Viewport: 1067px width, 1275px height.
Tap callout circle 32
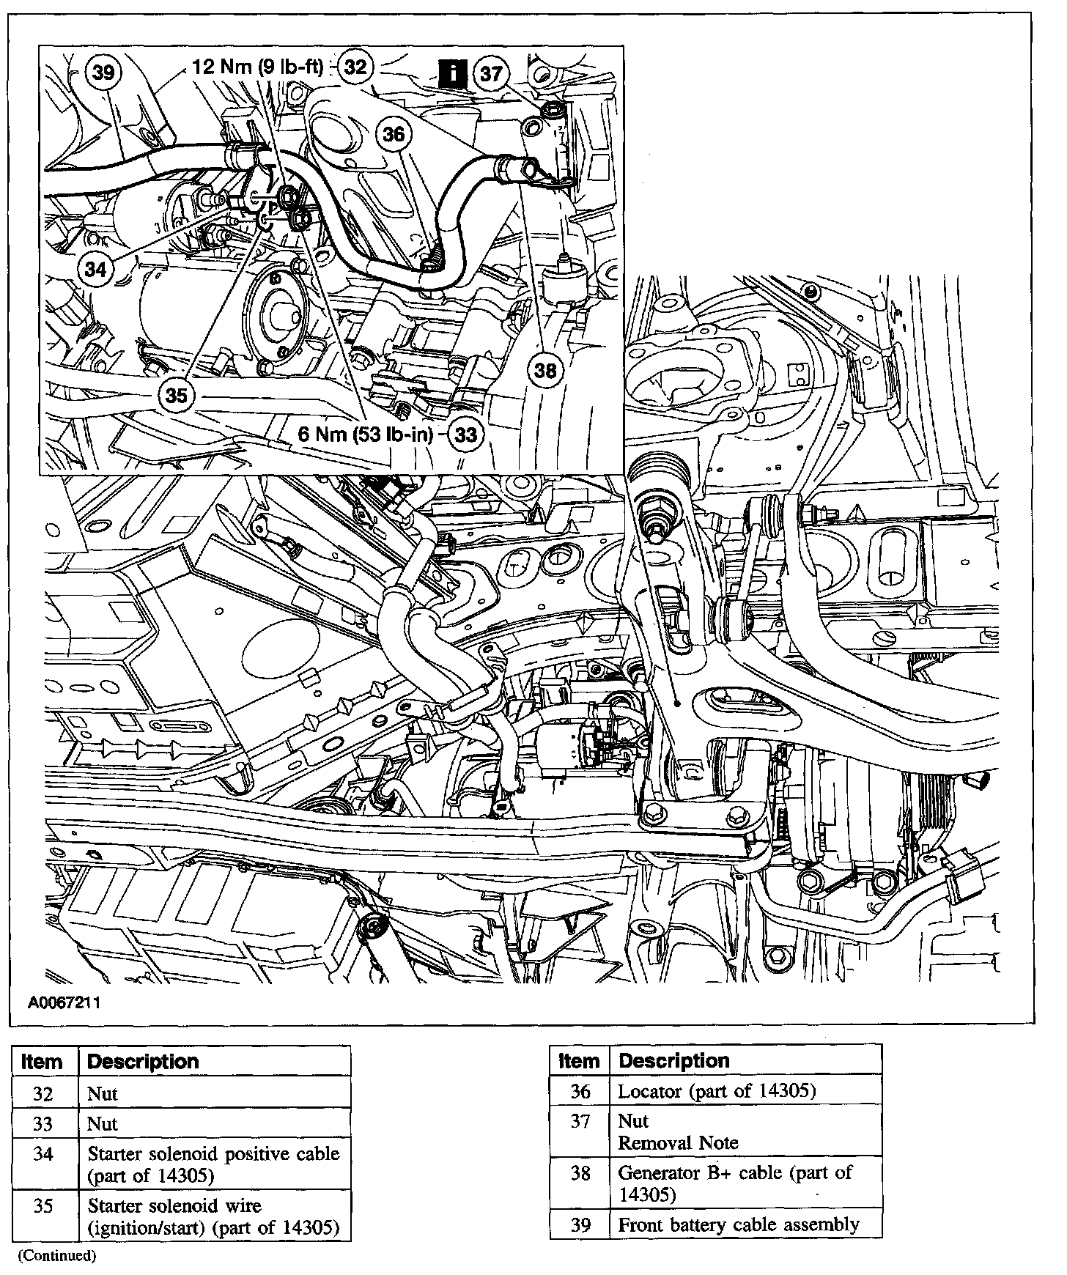(x=355, y=67)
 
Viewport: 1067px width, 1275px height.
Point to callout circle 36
(x=394, y=134)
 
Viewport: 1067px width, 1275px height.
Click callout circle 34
(x=96, y=269)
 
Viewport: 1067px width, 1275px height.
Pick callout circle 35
(x=177, y=396)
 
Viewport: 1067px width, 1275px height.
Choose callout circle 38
(x=545, y=371)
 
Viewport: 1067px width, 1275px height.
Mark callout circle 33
(x=466, y=435)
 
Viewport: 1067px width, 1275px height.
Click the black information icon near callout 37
(x=454, y=74)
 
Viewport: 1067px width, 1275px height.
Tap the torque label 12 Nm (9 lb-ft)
(x=257, y=67)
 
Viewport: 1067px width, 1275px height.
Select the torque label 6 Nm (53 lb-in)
(x=365, y=435)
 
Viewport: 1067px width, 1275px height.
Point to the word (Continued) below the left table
(x=57, y=1255)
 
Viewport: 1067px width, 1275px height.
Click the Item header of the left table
(x=43, y=1062)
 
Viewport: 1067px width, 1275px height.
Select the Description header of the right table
(x=674, y=1060)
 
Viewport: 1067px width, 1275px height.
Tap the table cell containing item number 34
(x=44, y=1154)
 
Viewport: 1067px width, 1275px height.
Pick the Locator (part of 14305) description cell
(x=717, y=1091)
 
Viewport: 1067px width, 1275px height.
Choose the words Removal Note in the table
(x=679, y=1142)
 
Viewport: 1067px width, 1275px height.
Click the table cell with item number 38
(x=580, y=1173)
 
